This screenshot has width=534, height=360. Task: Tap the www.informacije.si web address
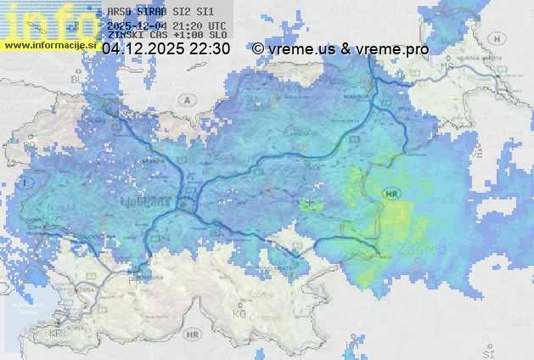48,45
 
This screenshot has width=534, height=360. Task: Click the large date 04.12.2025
143,49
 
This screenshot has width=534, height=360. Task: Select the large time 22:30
209,49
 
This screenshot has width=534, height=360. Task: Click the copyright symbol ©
258,49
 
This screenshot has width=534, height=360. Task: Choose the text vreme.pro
391,49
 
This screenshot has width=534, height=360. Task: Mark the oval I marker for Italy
28,182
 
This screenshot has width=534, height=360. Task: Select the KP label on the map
56,333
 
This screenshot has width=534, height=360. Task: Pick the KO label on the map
239,312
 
